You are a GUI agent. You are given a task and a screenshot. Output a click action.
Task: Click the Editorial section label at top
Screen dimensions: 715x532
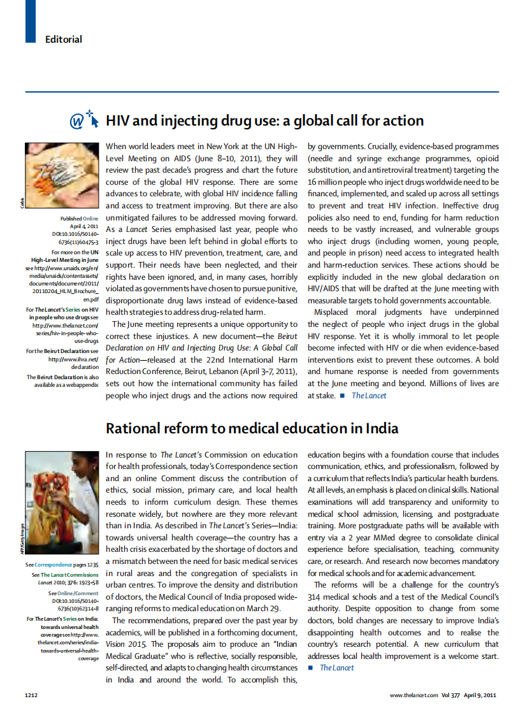tap(63, 40)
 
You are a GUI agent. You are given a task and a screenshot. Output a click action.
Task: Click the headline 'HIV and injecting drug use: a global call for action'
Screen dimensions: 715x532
tap(264, 120)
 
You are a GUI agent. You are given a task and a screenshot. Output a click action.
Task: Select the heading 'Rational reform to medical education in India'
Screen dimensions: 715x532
tap(252, 428)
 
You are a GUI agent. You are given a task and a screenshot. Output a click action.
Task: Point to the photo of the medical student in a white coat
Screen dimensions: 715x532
tap(61, 503)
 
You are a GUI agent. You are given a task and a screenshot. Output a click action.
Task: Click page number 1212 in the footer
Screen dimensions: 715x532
tap(32, 695)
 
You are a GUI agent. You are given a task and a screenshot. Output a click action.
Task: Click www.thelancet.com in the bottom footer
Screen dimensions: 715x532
tap(413, 695)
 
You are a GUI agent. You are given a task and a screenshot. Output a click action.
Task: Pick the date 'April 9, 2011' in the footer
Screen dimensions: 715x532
tap(480, 695)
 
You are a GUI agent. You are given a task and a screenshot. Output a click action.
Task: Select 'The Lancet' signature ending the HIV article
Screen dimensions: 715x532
tap(369, 396)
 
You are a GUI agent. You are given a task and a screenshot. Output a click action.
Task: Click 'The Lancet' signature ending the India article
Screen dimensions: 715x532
tap(336, 668)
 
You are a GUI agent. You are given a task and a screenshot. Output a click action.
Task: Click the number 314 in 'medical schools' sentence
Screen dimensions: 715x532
tap(315, 597)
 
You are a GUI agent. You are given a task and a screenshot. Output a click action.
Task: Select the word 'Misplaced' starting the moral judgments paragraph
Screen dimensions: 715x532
tap(336, 312)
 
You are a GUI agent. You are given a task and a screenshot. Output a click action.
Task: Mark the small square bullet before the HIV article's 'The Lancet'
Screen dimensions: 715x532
tap(342, 396)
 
